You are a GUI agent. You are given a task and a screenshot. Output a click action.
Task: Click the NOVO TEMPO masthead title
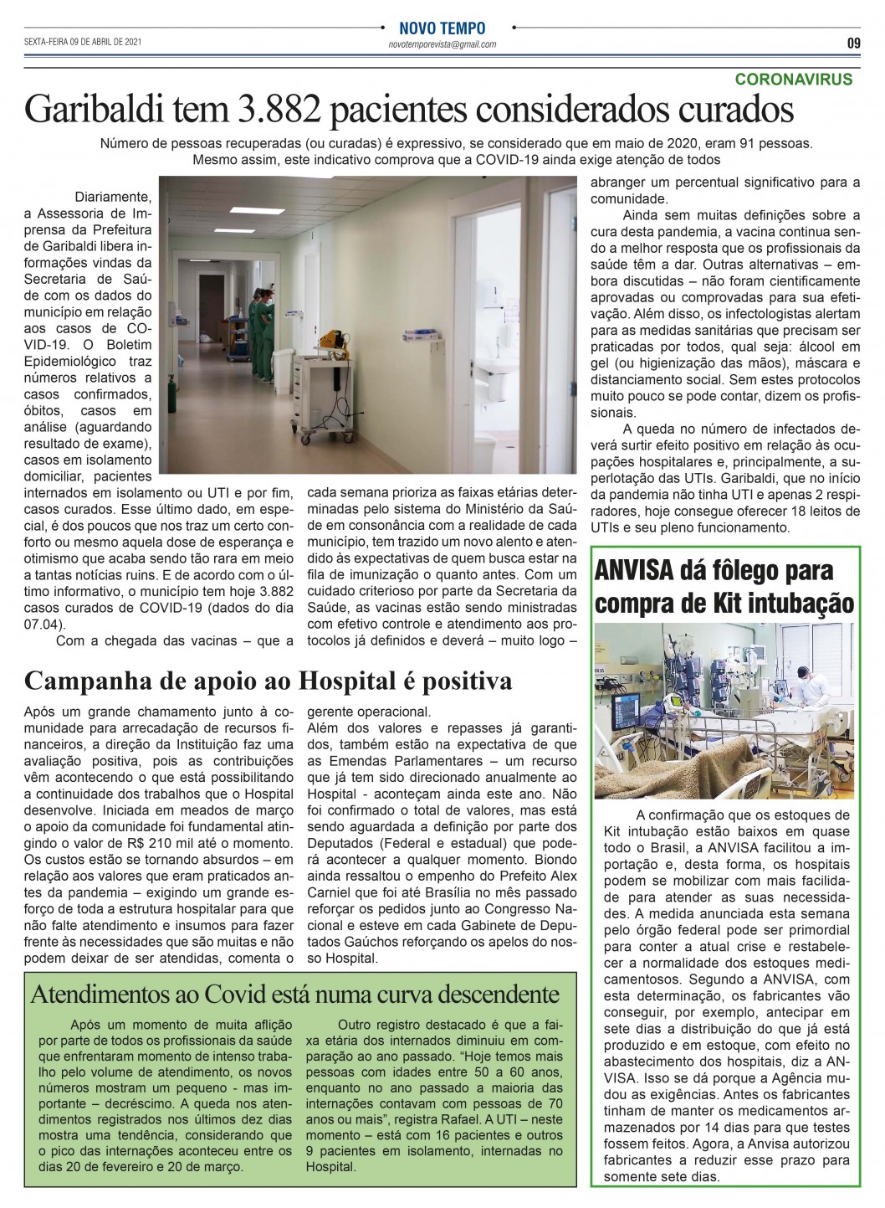click(442, 28)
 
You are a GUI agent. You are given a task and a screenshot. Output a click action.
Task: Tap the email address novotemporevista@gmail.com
click(442, 44)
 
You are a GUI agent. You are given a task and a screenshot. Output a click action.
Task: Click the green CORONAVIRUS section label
click(793, 80)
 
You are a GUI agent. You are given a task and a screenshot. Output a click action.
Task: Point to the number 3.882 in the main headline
click(277, 109)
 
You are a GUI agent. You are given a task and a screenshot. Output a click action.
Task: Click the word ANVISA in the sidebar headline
click(634, 571)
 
